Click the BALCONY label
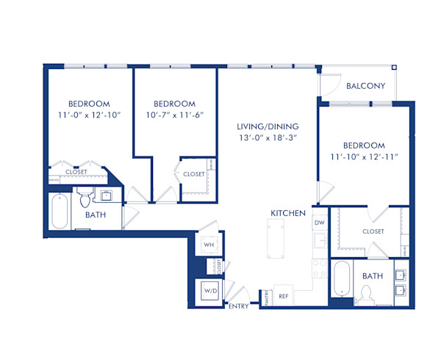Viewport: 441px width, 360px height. (x=365, y=86)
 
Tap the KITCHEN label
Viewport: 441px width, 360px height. (x=288, y=213)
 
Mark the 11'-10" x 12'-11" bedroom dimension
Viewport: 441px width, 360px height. (x=364, y=158)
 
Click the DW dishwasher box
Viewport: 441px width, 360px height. (x=319, y=222)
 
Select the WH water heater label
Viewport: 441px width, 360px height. (x=208, y=244)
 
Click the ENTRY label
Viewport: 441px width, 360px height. (x=239, y=306)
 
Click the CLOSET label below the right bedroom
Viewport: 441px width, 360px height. (x=373, y=231)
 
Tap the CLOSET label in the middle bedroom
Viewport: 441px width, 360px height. (x=194, y=174)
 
